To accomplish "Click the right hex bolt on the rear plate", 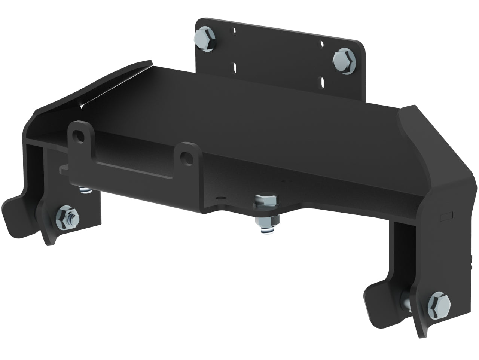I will [x=344, y=60].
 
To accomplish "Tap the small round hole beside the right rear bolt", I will [x=322, y=44].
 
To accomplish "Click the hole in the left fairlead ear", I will [x=79, y=134].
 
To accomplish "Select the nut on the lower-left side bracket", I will [x=67, y=215].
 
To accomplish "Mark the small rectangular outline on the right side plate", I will [x=446, y=216].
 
